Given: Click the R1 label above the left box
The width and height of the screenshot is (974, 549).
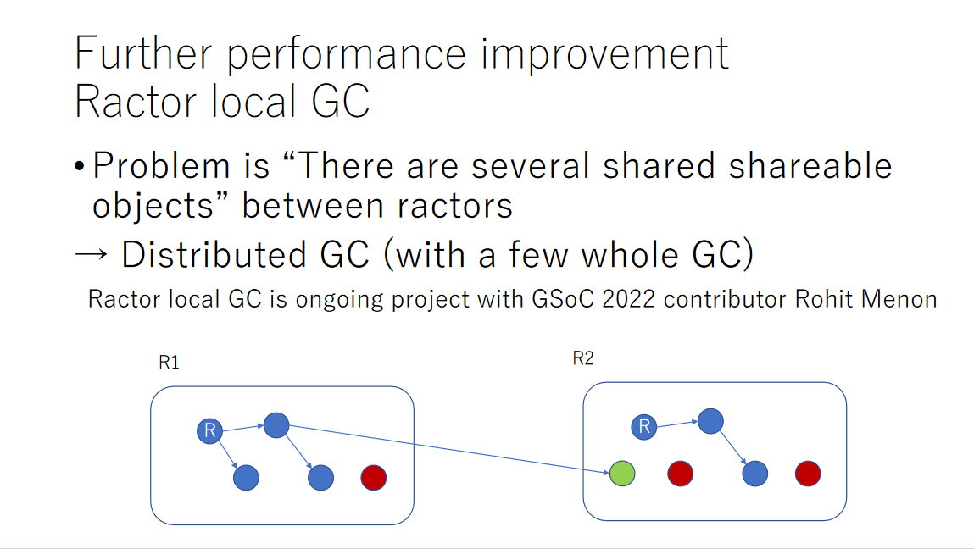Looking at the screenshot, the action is pyautogui.click(x=169, y=362).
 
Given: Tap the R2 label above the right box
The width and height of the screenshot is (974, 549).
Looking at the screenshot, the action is pyautogui.click(x=582, y=358).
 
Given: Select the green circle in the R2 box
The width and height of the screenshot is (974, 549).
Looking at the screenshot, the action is pyautogui.click(x=622, y=474).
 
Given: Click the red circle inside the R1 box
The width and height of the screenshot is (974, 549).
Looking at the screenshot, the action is pyautogui.click(x=373, y=478).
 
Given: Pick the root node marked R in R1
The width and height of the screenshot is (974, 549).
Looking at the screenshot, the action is pyautogui.click(x=210, y=430).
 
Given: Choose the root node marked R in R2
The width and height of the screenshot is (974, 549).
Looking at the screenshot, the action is pyautogui.click(x=644, y=427).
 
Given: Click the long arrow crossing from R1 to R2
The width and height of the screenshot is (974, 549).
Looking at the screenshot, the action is pyautogui.click(x=449, y=449).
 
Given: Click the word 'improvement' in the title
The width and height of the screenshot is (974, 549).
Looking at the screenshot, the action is pyautogui.click(x=604, y=55).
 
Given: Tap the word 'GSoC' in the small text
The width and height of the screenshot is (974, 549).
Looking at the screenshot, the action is pyautogui.click(x=563, y=299).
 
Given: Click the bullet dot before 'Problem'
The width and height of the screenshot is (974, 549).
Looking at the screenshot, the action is pyautogui.click(x=80, y=167).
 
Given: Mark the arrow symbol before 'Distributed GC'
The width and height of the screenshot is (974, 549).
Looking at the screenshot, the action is pyautogui.click(x=91, y=254).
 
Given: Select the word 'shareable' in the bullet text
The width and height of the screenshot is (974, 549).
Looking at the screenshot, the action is pyautogui.click(x=810, y=166).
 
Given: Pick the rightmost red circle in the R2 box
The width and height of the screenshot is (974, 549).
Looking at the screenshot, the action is pyautogui.click(x=808, y=474).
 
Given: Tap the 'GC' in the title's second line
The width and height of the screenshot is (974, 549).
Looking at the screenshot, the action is pyautogui.click(x=341, y=101).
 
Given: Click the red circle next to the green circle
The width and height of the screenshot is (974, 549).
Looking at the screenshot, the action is pyautogui.click(x=680, y=474).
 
